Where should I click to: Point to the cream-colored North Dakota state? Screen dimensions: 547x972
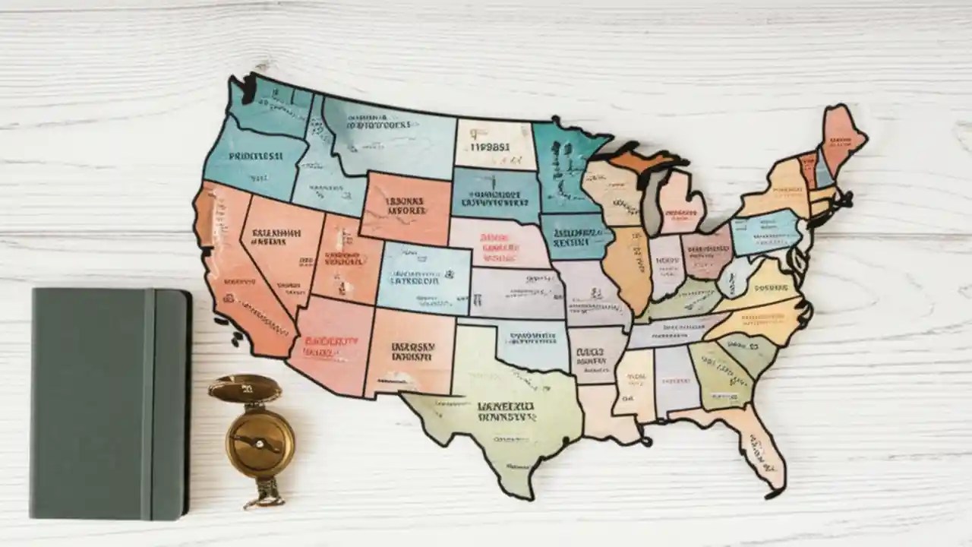point(494,144)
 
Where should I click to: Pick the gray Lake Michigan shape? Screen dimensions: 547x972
point(652,201)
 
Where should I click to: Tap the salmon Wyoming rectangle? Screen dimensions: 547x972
point(406,207)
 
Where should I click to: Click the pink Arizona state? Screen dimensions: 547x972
point(330,346)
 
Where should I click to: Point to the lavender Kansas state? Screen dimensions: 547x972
point(516,292)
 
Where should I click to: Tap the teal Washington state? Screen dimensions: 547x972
point(270,106)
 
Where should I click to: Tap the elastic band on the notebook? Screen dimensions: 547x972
point(147,403)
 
